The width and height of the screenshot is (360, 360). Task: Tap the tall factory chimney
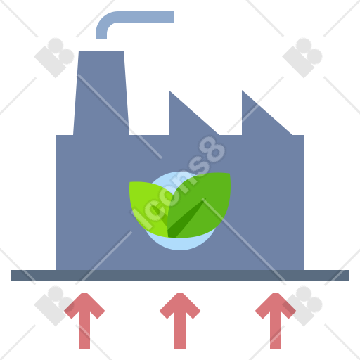pos(101,93)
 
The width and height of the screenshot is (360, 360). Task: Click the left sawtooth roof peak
pos(169,91)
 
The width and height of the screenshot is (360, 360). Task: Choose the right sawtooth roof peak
pos(243,91)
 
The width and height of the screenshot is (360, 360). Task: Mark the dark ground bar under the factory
pos(180,276)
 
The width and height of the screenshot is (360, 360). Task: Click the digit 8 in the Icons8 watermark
pos(212,150)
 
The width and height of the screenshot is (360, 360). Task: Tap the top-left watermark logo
pos(54,58)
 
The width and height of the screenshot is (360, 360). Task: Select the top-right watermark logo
pos(302,58)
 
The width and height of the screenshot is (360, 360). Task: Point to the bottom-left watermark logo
pos(54,306)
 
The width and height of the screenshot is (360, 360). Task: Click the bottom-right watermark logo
pos(302,306)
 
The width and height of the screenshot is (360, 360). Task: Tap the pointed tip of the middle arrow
pos(180,293)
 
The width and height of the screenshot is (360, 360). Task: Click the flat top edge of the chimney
pos(101,51)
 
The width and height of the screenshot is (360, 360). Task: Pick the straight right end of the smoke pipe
pos(174,17)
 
